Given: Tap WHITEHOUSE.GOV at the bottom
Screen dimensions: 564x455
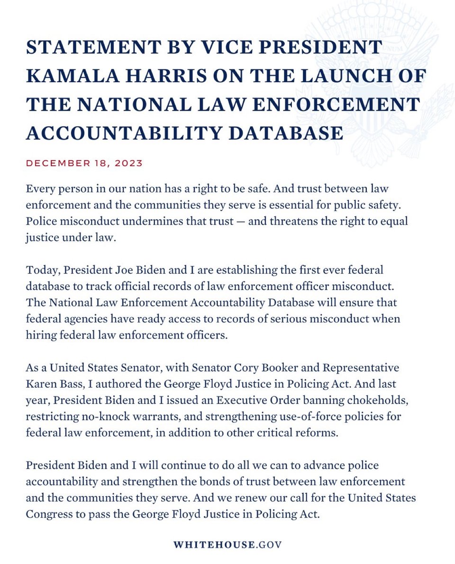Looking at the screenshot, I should tap(227, 544).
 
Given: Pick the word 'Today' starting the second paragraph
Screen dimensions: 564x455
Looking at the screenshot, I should tap(42, 271).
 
